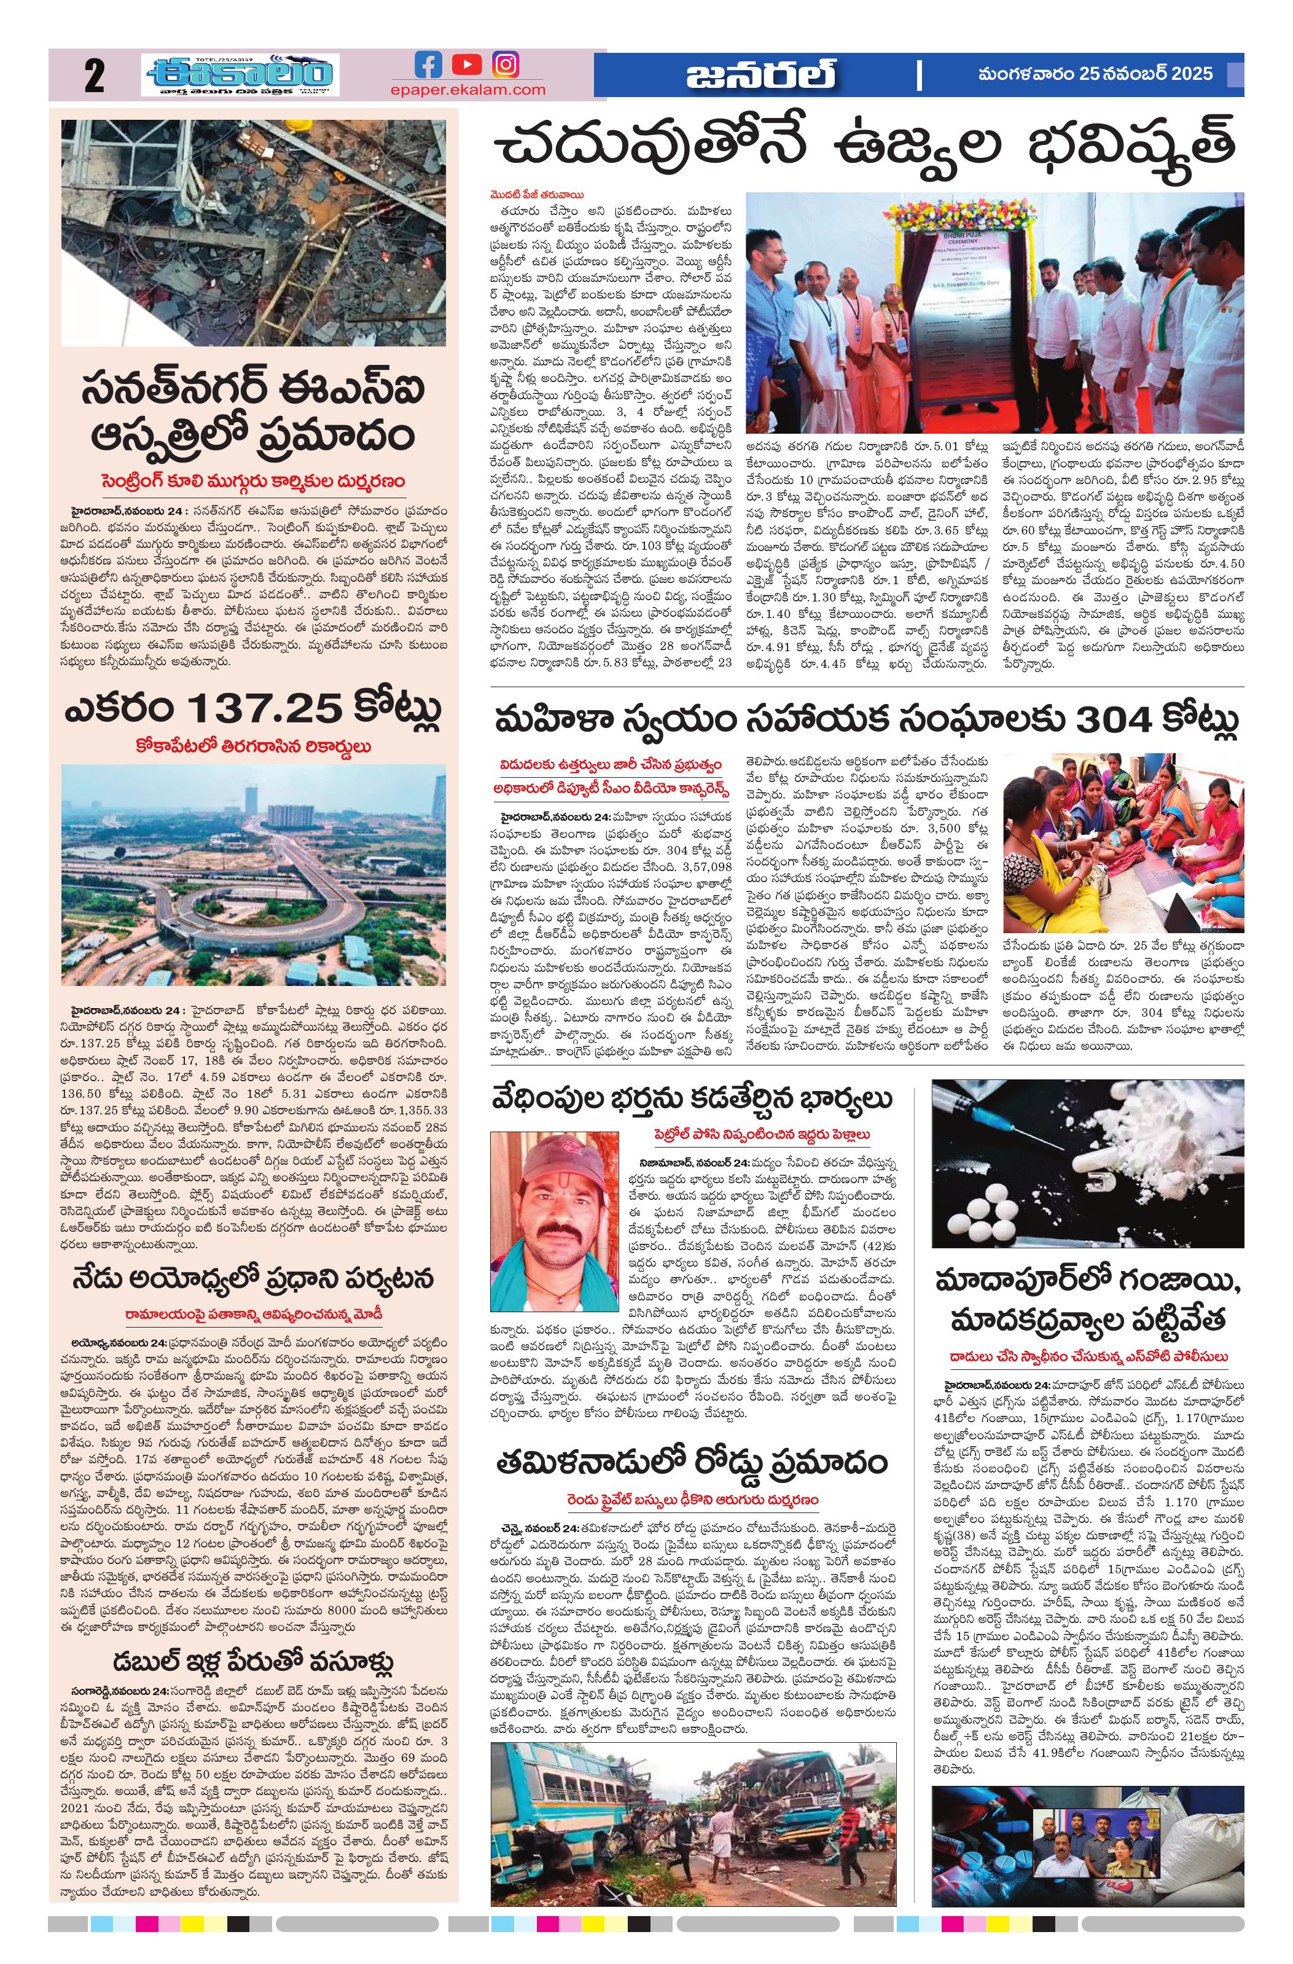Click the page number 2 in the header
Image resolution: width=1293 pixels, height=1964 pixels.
click(x=94, y=76)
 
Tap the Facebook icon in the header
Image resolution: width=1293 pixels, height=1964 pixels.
click(x=428, y=65)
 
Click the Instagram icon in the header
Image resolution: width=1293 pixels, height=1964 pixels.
click(x=506, y=65)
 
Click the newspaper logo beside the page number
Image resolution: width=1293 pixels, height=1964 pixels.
click(x=240, y=75)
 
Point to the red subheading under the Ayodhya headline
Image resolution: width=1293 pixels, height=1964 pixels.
click(x=253, y=1313)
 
